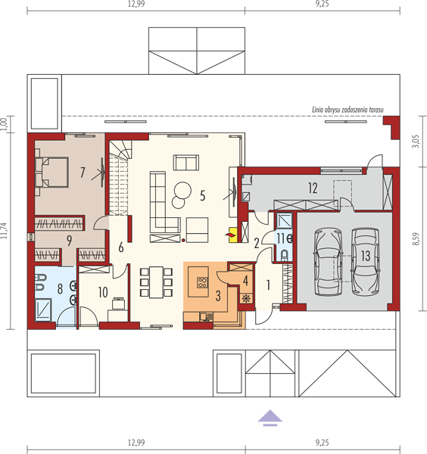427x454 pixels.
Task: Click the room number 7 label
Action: (x=83, y=173)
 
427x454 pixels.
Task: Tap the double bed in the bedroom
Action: (x=52, y=173)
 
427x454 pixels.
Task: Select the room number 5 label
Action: (x=202, y=196)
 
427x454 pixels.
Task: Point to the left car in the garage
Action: (x=329, y=262)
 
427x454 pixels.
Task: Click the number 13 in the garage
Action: (x=366, y=256)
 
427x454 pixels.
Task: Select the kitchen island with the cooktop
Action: (x=198, y=281)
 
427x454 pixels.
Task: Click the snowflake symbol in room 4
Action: (x=245, y=298)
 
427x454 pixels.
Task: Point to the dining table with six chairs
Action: (x=156, y=282)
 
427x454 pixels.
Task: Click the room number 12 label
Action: (x=313, y=188)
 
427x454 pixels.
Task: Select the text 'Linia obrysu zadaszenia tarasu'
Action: (x=348, y=110)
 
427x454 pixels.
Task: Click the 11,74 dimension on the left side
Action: (x=5, y=231)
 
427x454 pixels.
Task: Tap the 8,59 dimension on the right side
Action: (x=415, y=239)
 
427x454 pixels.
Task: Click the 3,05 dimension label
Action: (x=416, y=141)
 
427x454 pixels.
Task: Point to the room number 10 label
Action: (x=103, y=292)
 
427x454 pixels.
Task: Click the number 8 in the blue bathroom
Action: (x=60, y=289)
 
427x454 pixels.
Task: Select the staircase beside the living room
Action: (x=120, y=178)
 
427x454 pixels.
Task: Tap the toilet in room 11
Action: (x=284, y=255)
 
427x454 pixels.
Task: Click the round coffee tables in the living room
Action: (x=182, y=194)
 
